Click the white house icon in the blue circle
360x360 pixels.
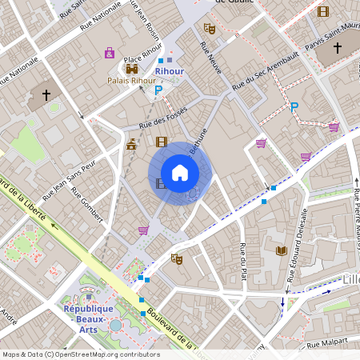tap(180, 173)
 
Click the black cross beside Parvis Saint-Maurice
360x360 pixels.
tap(338, 49)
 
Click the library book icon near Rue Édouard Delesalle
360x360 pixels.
tap(281, 250)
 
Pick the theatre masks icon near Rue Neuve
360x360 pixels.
tap(210, 28)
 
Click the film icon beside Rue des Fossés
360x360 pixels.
tap(162, 142)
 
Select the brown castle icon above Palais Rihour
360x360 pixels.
tap(132, 69)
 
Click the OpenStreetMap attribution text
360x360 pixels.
tap(81, 354)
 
